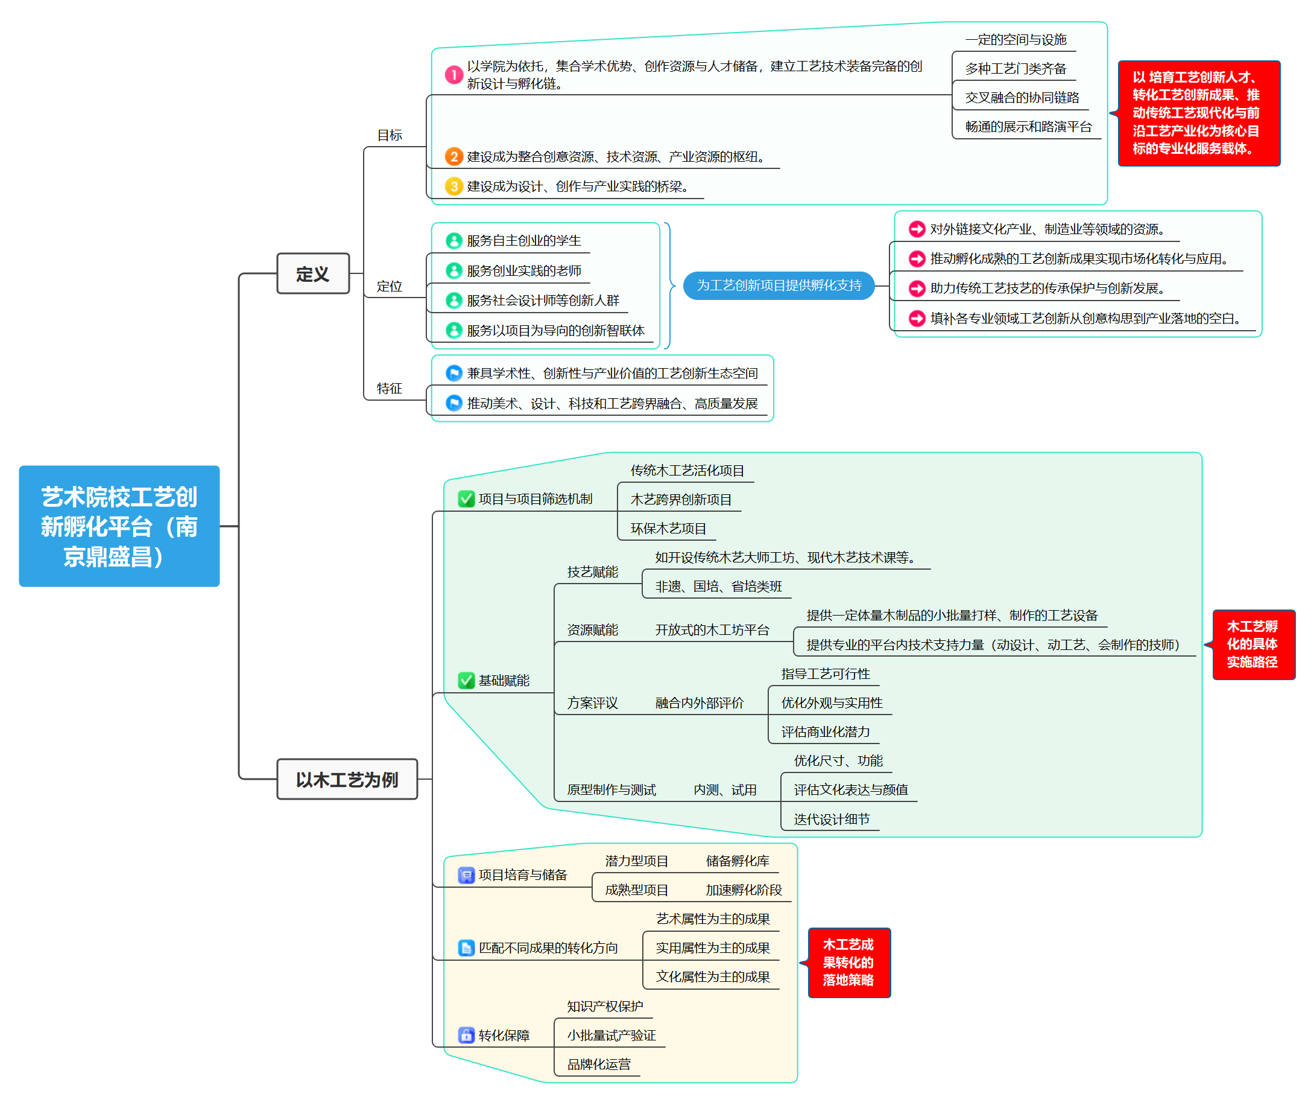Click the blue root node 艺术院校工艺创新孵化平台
[x=119, y=526]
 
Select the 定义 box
[x=312, y=274]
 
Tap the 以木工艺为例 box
[x=347, y=779]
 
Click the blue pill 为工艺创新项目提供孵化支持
[x=779, y=285]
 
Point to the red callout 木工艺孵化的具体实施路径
[x=1252, y=644]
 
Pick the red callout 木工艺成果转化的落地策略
[x=848, y=962]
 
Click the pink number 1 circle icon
[x=454, y=75]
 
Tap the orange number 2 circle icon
[x=454, y=156]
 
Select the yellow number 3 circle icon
[x=454, y=186]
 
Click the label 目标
[x=390, y=135]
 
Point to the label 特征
[x=390, y=389]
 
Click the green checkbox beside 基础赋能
[x=466, y=680]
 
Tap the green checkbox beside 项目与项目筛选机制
[x=466, y=498]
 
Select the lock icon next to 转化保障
[x=466, y=1035]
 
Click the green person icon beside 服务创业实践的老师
[x=454, y=270]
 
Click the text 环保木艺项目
[x=668, y=529]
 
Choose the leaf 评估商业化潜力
[x=825, y=731]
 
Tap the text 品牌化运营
[x=598, y=1065]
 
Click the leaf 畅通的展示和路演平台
[x=1028, y=127]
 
